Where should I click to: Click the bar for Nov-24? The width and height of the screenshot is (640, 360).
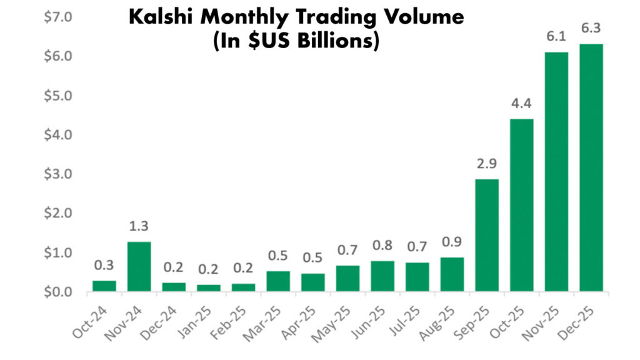click(x=138, y=267)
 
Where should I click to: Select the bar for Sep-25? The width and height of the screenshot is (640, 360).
click(x=486, y=236)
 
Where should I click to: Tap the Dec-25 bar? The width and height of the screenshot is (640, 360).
click(x=591, y=168)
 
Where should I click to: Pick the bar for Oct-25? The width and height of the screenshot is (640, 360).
click(x=521, y=206)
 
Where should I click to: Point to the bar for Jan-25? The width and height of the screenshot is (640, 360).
click(x=208, y=288)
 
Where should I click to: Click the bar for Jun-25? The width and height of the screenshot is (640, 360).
click(x=382, y=276)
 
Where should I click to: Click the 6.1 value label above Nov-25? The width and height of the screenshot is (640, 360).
click(x=556, y=37)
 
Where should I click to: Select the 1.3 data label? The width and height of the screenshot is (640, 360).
click(x=138, y=226)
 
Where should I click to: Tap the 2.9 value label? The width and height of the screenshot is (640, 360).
click(x=486, y=164)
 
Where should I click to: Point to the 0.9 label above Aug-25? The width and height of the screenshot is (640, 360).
click(x=452, y=242)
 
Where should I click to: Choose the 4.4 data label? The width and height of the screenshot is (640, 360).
click(x=521, y=104)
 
